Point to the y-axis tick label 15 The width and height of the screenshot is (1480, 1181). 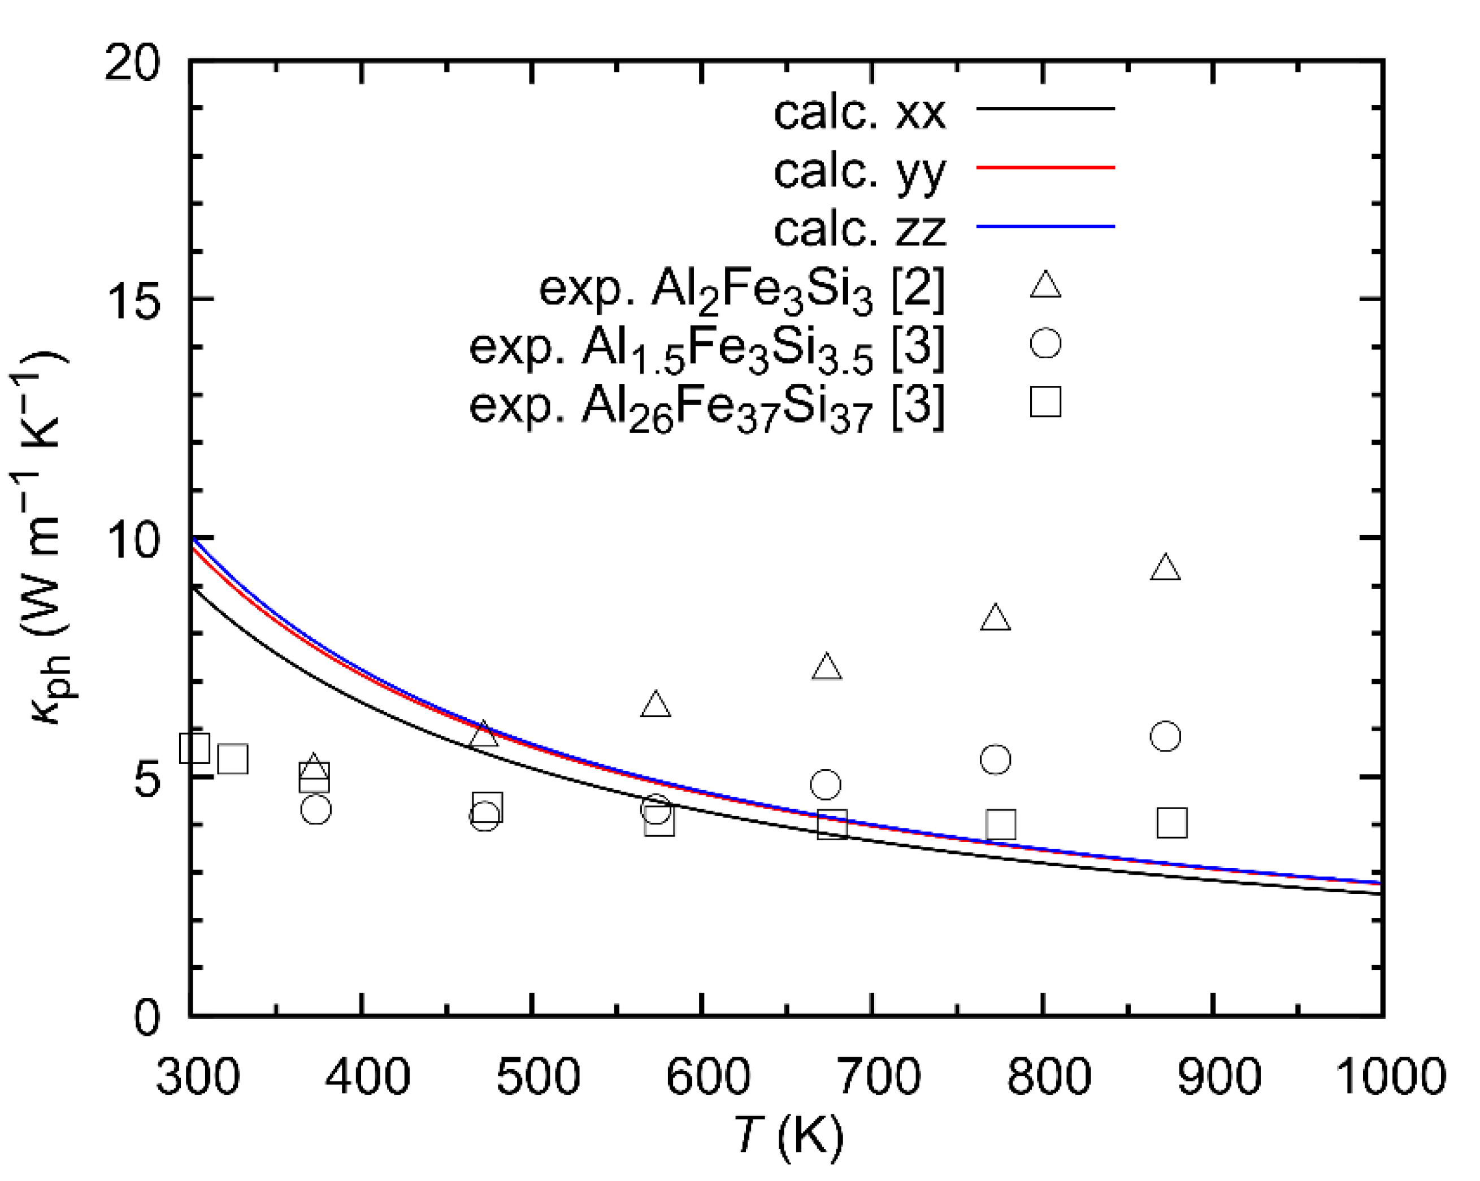click(132, 303)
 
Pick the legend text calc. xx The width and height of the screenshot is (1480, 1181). click(860, 113)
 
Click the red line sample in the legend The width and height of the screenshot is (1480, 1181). click(1045, 167)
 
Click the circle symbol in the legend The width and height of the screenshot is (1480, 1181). click(1045, 343)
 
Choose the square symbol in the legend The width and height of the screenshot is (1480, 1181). click(1045, 401)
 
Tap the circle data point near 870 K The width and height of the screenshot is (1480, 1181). click(1165, 737)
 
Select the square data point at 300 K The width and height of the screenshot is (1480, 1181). click(195, 748)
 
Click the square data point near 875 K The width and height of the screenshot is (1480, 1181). click(1172, 823)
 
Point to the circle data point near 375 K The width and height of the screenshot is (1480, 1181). click(316, 810)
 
